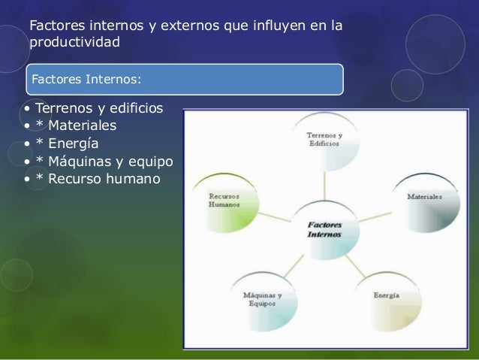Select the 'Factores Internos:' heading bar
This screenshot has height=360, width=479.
click(x=184, y=78)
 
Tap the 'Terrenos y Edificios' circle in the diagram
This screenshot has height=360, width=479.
click(x=324, y=141)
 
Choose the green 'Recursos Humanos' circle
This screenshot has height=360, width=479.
click(x=225, y=201)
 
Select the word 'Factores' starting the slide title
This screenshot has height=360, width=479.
click(x=57, y=27)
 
